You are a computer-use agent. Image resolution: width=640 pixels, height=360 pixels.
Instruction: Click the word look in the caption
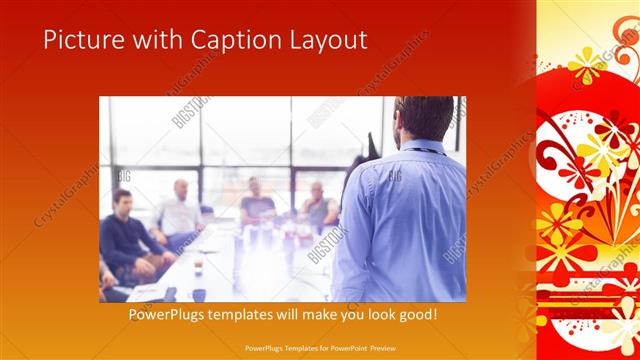click(373, 314)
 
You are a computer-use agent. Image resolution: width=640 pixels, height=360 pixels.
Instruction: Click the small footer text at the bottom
click(319, 349)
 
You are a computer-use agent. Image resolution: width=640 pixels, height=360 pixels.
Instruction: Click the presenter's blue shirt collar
click(420, 148)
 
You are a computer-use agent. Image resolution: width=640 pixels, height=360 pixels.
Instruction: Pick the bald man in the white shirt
click(180, 208)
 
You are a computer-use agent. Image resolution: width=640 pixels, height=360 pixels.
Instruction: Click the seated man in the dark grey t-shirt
click(257, 200)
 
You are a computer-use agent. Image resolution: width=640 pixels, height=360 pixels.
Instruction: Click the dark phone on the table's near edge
click(170, 293)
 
